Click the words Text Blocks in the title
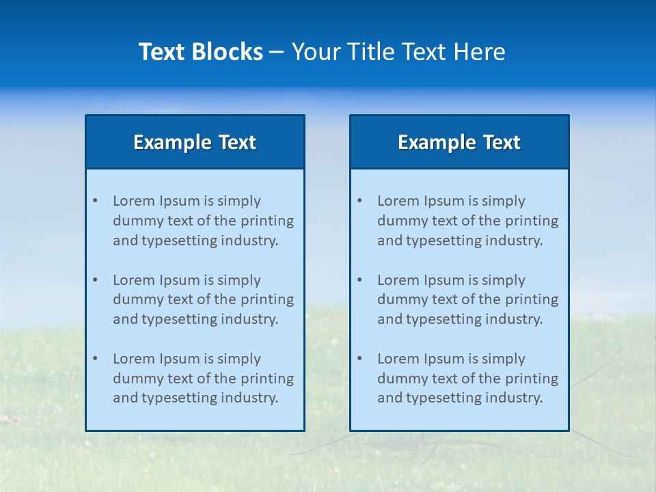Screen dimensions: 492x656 pos(200,52)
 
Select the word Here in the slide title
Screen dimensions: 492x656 pos(481,52)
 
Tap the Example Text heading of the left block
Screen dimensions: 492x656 pos(195,142)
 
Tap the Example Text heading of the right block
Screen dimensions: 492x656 pos(459,142)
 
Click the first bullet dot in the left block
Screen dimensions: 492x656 pos(95,201)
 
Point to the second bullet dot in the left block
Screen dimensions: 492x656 pos(95,280)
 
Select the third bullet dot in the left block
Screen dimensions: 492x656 pos(95,359)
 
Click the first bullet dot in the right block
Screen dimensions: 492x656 pos(359,201)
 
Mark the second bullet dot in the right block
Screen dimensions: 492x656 pos(359,280)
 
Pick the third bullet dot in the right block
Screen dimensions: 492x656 pos(359,359)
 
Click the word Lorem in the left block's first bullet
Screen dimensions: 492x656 pos(133,201)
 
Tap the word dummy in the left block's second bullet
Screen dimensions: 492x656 pos(135,299)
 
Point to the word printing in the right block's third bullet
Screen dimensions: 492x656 pos(532,379)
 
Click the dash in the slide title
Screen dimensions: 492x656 pos(277,52)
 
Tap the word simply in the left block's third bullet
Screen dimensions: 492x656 pos(239,359)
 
